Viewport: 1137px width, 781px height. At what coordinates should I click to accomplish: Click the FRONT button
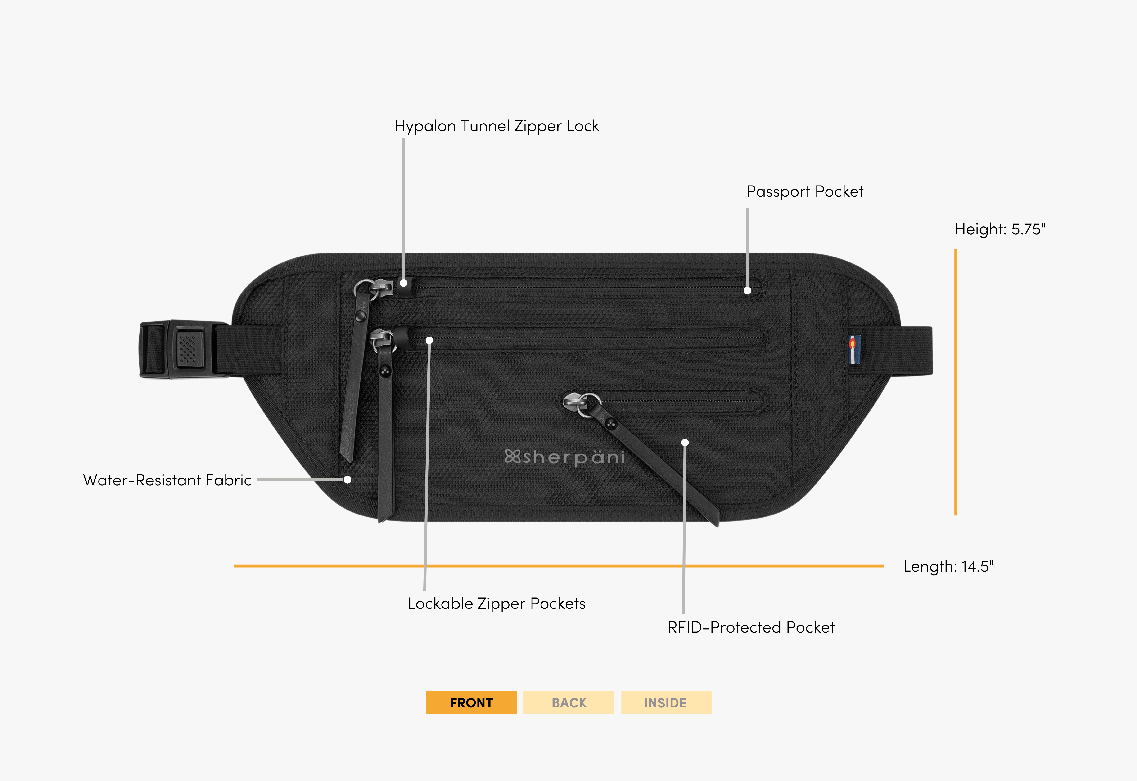471,702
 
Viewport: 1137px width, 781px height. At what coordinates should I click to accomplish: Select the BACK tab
568,702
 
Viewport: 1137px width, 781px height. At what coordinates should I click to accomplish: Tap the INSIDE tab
666,702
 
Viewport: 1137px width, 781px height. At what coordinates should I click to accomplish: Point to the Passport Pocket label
804,191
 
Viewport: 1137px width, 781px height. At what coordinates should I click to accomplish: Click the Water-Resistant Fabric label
167,480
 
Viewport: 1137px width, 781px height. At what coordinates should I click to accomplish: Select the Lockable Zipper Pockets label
496,603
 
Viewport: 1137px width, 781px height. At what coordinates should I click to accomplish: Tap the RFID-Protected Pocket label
751,627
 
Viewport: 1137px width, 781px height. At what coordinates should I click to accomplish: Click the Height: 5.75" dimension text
1000,229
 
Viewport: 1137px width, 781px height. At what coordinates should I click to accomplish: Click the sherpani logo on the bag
564,457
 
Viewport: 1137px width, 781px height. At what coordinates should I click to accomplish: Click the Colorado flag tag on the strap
853,349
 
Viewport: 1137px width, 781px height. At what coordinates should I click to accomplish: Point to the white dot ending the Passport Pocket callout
747,291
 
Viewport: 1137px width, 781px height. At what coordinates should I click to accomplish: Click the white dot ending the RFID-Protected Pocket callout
685,442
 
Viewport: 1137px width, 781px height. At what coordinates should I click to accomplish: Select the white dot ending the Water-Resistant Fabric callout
348,479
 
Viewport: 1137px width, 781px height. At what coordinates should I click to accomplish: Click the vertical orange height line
955,382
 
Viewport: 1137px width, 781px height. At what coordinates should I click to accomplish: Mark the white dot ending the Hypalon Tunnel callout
404,283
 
